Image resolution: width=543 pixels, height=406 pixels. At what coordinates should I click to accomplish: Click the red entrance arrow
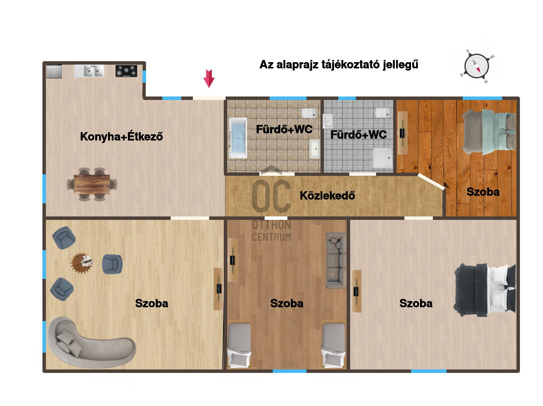point(209,78)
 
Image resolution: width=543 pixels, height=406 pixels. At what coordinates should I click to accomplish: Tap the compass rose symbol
point(477,67)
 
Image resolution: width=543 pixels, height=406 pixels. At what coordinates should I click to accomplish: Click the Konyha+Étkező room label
point(121,136)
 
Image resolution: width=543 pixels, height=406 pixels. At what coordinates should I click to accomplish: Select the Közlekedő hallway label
point(327,196)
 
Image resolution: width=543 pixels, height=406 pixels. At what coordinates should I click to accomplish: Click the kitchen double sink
point(89,71)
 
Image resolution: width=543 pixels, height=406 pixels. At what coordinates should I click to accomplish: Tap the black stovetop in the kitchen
point(126,71)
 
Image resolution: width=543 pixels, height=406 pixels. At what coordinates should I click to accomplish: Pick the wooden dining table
point(92,185)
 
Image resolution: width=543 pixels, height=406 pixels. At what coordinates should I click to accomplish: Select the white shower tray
point(383,157)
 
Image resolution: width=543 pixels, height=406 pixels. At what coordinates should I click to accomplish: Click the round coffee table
point(82,263)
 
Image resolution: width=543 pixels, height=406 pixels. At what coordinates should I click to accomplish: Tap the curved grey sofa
point(90,340)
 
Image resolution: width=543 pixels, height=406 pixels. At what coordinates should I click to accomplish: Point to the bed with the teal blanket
point(489,132)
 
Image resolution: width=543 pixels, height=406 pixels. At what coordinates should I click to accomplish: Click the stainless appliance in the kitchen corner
point(54,71)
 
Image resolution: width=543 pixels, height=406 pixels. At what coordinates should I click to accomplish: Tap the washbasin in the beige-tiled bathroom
point(315,149)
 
